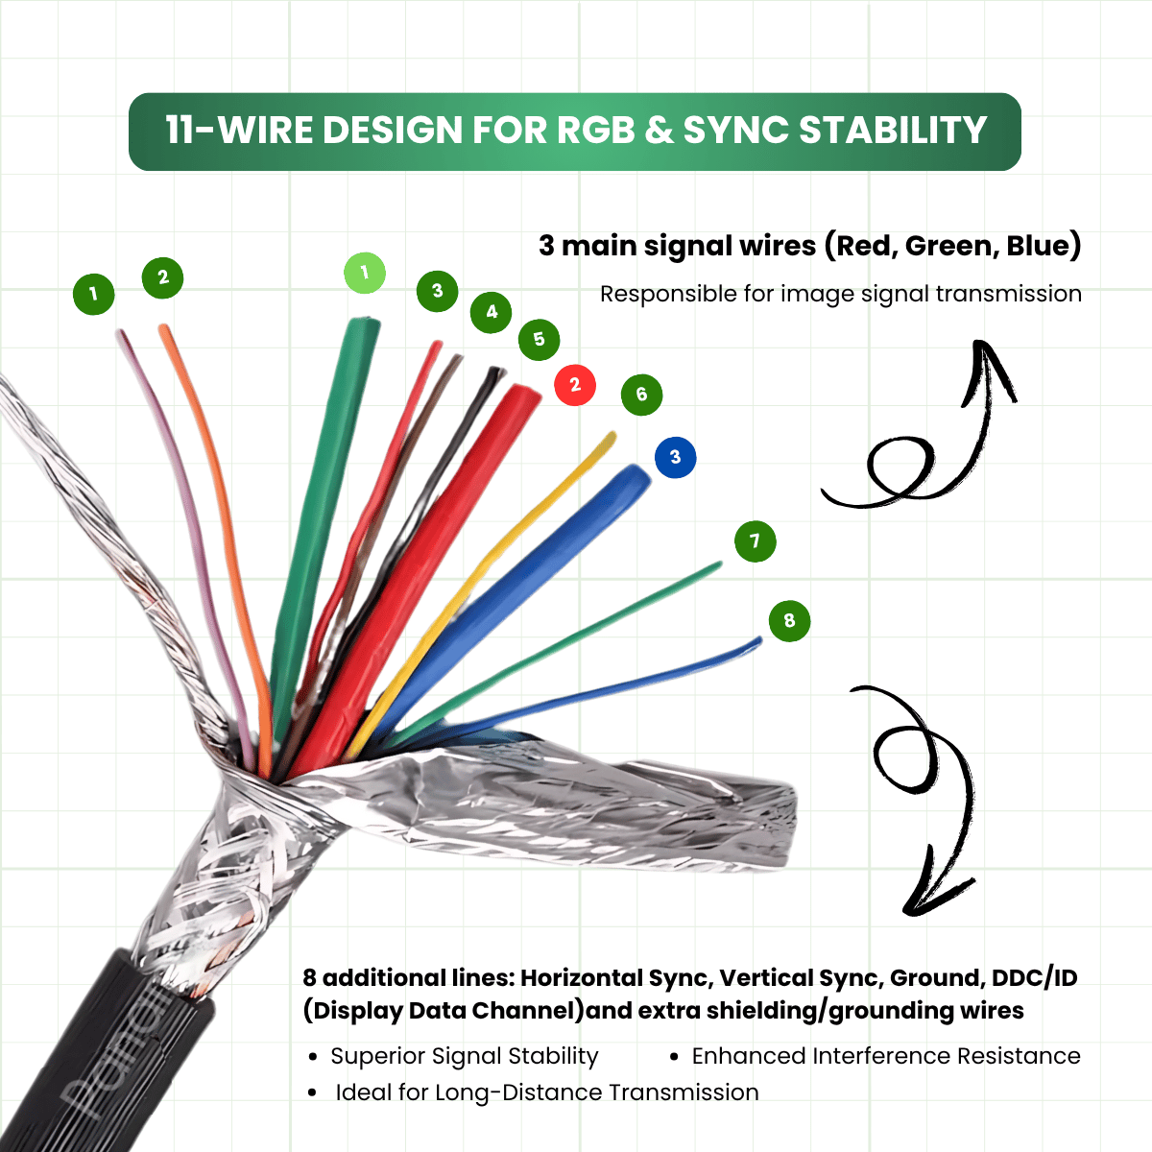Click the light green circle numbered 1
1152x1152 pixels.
[x=365, y=274]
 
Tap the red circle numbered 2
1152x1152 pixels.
[x=575, y=385]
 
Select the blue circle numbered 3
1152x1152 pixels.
[x=675, y=457]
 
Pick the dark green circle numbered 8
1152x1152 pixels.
[x=789, y=620]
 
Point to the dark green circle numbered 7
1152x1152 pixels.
[x=755, y=541]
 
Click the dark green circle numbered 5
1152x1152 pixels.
[x=539, y=339]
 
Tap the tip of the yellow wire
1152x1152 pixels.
[x=612, y=436]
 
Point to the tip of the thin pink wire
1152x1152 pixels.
[x=121, y=333]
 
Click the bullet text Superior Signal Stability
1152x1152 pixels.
[x=464, y=1056]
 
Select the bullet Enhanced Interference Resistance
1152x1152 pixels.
[x=885, y=1056]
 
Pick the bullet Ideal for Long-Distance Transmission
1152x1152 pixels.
[x=546, y=1092]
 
